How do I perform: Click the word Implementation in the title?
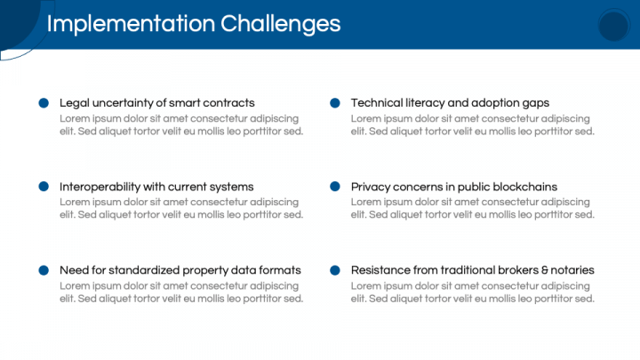click(131, 24)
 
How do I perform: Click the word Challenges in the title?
click(280, 24)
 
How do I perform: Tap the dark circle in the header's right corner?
click(613, 25)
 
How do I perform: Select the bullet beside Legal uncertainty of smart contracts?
click(44, 103)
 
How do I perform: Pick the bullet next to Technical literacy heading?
click(335, 103)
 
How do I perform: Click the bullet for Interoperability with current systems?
click(44, 187)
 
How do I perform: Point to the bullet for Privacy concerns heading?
click(335, 187)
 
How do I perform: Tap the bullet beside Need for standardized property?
click(44, 270)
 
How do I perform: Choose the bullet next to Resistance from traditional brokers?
click(335, 270)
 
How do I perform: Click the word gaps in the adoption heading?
click(536, 104)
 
